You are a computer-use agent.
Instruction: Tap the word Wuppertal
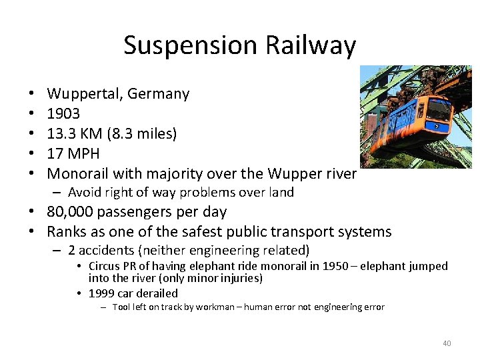[84, 94]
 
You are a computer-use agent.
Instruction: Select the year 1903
[63, 114]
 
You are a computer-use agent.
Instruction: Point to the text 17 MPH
[73, 154]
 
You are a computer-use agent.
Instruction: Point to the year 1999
[102, 293]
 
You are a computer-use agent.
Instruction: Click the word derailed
[157, 293]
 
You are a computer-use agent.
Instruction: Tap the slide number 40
[447, 343]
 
